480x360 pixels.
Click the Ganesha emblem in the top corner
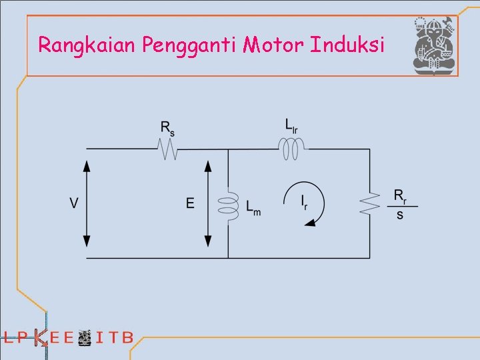tap(434, 45)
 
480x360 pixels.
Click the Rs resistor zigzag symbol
tap(167, 150)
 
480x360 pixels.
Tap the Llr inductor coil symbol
tap(291, 147)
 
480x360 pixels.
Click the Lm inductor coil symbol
tap(229, 204)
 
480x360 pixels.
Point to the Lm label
tap(253, 209)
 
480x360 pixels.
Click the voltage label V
tap(75, 203)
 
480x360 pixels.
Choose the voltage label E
tap(191, 203)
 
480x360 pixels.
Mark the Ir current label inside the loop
tap(304, 202)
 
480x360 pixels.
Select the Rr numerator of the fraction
tap(399, 196)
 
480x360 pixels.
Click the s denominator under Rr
tap(399, 216)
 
